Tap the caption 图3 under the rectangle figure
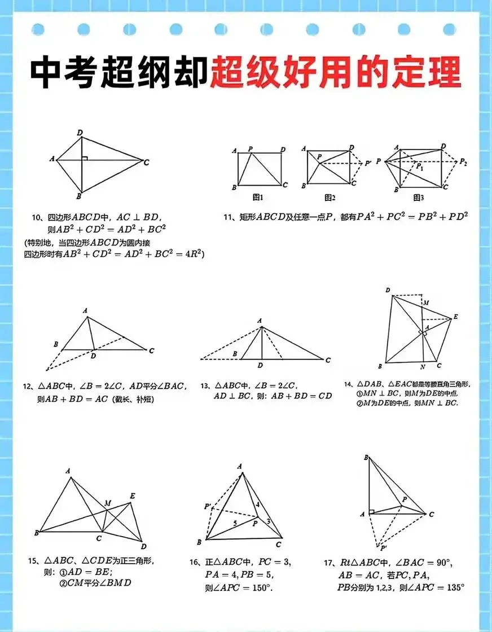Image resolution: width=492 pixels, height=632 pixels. [418, 197]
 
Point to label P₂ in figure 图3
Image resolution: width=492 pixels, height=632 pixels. [463, 162]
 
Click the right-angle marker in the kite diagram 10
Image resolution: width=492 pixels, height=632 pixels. [84, 158]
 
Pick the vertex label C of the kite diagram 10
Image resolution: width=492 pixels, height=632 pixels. [147, 163]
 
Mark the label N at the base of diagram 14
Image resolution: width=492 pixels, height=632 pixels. [423, 367]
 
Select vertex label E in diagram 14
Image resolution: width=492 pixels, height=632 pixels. [455, 318]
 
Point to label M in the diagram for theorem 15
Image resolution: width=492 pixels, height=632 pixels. [107, 502]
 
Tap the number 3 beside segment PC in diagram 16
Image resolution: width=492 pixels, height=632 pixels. [269, 521]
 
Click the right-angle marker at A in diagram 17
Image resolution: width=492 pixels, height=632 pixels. [371, 511]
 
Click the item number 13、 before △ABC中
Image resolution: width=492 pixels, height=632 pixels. [206, 387]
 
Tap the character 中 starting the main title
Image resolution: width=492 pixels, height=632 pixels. [47, 73]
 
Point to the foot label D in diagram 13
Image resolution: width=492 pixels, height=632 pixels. [260, 366]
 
